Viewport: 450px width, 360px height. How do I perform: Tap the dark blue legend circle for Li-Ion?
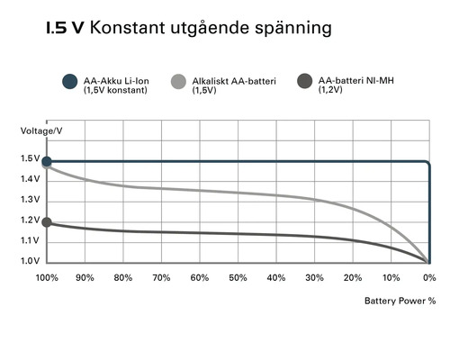(x=67, y=82)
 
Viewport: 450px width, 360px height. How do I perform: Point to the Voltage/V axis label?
(x=40, y=131)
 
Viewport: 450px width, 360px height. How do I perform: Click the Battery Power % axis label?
(x=400, y=302)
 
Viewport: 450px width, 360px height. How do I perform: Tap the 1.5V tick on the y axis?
(x=30, y=159)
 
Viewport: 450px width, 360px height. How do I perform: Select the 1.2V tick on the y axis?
(x=30, y=220)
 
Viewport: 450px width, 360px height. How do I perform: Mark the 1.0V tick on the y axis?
(x=30, y=261)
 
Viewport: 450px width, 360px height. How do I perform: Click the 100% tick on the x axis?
(x=47, y=277)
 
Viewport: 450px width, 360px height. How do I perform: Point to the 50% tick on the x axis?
(x=238, y=277)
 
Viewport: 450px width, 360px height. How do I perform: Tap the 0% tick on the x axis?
(x=428, y=277)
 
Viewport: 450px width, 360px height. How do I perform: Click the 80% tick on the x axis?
(x=123, y=277)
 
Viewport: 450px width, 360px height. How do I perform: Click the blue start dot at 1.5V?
(x=47, y=161)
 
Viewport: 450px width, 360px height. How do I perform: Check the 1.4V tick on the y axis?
(x=30, y=180)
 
